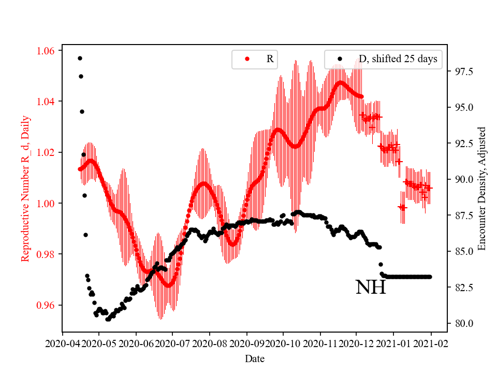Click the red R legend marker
pos(247,59)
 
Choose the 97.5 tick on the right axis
pos(462,71)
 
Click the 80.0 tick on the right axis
pos(462,323)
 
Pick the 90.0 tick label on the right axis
pos(462,179)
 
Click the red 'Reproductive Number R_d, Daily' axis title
pos(25,188)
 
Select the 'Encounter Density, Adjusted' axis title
pos(482,188)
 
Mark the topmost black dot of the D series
pos(80,58)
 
